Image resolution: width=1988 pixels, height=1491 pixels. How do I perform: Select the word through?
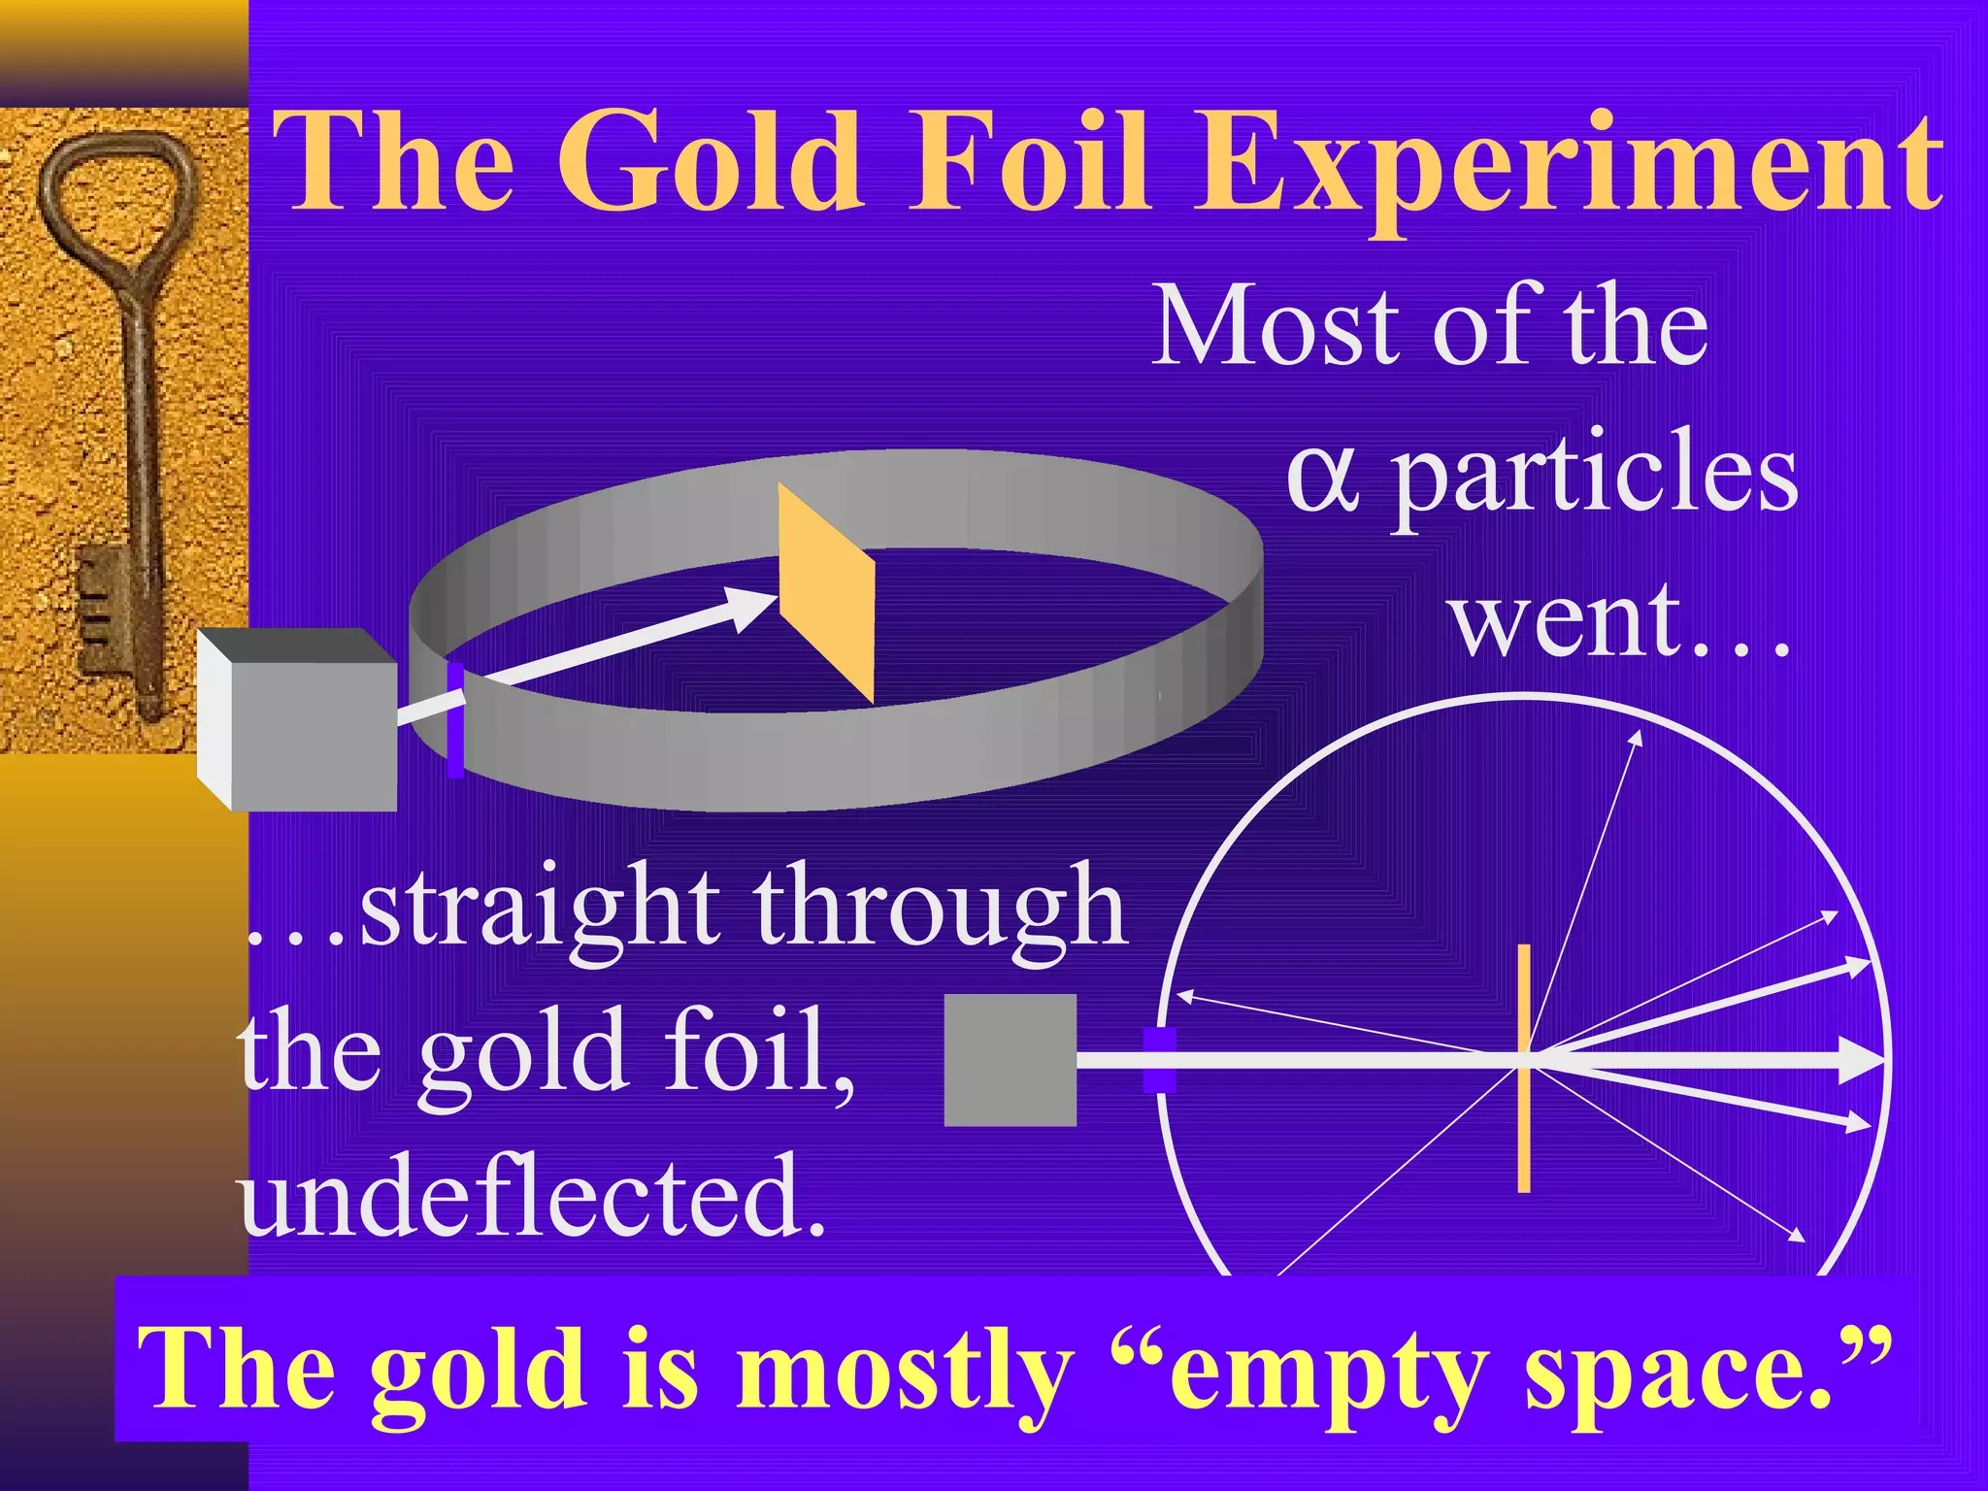tap(940, 908)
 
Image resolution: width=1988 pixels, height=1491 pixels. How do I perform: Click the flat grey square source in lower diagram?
tap(1011, 1059)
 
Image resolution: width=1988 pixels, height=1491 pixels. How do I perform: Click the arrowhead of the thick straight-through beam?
tap(1864, 1060)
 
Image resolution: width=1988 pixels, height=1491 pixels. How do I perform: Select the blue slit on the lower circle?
tap(1159, 1060)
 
